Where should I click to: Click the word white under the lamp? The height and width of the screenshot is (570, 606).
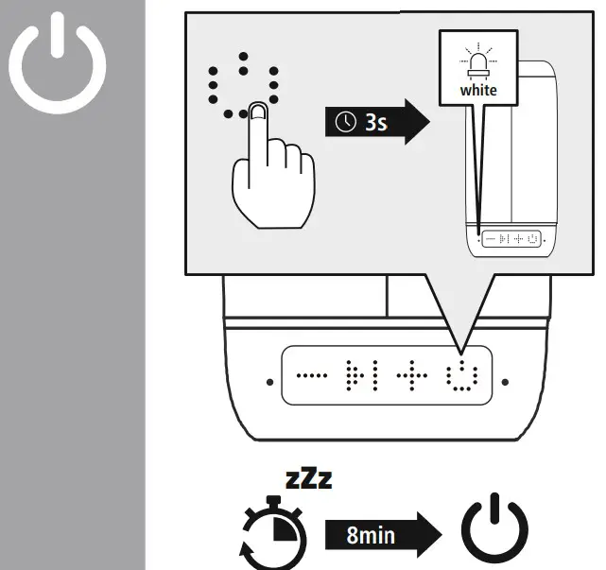click(x=477, y=91)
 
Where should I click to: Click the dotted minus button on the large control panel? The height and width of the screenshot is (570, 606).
click(x=308, y=374)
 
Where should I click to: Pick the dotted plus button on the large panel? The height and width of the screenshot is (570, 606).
click(x=412, y=374)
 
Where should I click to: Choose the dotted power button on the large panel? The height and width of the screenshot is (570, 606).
click(x=462, y=374)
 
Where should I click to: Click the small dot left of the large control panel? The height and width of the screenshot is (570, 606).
click(x=269, y=383)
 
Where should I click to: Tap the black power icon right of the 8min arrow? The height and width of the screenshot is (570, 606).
click(x=494, y=531)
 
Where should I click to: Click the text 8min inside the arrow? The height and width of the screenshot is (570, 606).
click(x=371, y=536)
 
